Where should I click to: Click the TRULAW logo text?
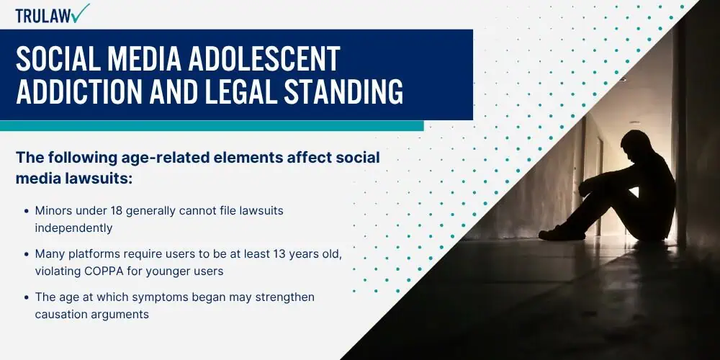(x=43, y=16)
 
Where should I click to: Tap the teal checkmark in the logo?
(x=81, y=12)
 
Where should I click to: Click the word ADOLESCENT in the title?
(x=264, y=59)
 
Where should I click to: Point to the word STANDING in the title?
(x=343, y=91)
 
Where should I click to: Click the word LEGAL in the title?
(x=244, y=91)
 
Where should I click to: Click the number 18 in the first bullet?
(x=116, y=211)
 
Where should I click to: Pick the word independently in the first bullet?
(x=73, y=228)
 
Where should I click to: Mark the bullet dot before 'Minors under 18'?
(x=27, y=211)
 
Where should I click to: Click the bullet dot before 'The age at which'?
(x=27, y=297)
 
